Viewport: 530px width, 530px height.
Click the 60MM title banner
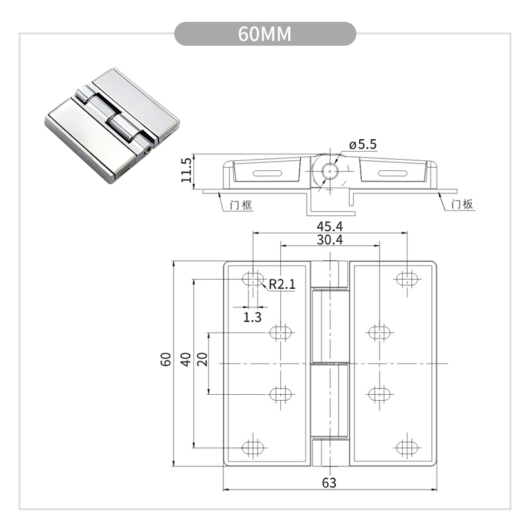click(x=265, y=34)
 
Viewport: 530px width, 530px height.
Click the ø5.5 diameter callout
click(x=362, y=144)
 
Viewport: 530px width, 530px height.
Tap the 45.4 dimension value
click(x=329, y=227)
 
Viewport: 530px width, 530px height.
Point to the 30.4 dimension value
click(x=329, y=240)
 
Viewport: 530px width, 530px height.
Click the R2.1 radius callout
click(x=282, y=285)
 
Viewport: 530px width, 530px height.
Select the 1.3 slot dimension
click(x=252, y=317)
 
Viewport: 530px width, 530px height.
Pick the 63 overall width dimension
click(x=329, y=482)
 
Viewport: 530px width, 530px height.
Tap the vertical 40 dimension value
click(x=186, y=360)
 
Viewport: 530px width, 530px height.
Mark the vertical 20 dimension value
click(x=203, y=360)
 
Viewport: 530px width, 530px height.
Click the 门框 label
click(x=240, y=205)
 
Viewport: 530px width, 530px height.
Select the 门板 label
click(x=461, y=205)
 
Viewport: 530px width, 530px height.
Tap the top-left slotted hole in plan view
click(x=252, y=279)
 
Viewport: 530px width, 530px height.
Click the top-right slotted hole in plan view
click(x=407, y=279)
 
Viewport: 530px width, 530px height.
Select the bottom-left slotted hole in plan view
click(x=252, y=447)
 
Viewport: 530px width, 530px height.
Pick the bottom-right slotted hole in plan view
click(x=407, y=447)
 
